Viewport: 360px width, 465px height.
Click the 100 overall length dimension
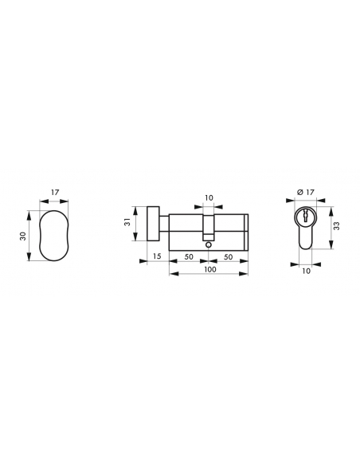click(x=210, y=269)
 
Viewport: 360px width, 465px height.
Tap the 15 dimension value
click(x=157, y=256)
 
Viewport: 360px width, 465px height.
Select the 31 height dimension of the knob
click(x=127, y=222)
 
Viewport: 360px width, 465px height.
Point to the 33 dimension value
click(x=337, y=225)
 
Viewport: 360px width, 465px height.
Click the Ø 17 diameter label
click(x=305, y=193)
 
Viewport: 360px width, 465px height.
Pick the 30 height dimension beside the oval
click(x=23, y=236)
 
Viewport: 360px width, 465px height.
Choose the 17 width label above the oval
click(x=55, y=192)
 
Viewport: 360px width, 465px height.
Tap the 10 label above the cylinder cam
click(x=209, y=197)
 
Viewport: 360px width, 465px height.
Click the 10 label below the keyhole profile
click(x=307, y=271)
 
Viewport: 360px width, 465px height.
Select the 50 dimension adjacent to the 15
click(x=189, y=256)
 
